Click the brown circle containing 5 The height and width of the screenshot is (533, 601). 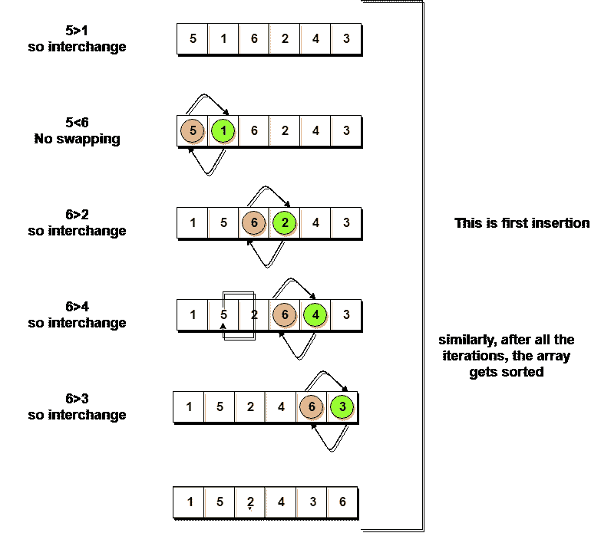coord(193,131)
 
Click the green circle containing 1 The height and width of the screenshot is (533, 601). coord(223,131)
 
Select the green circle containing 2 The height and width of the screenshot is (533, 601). coord(285,223)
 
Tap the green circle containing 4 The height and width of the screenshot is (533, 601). coord(315,314)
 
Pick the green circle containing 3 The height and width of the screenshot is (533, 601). coord(342,407)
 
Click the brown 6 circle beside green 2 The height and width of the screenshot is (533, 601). coord(254,223)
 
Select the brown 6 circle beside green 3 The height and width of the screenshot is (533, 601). coord(312,407)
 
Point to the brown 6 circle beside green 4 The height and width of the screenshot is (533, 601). coord(285,314)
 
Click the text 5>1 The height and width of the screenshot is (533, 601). coord(77,31)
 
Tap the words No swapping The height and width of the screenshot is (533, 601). coord(77,139)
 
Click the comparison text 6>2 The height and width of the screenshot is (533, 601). coord(77,216)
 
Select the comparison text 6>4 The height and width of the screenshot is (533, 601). coord(77,307)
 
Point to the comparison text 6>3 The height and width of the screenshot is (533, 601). coord(77,400)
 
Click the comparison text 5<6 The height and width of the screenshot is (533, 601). coord(77,123)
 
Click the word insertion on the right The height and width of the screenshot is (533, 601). coord(563,223)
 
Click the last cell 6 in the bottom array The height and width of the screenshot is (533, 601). coord(342,503)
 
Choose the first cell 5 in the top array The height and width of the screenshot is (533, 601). coord(193,39)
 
